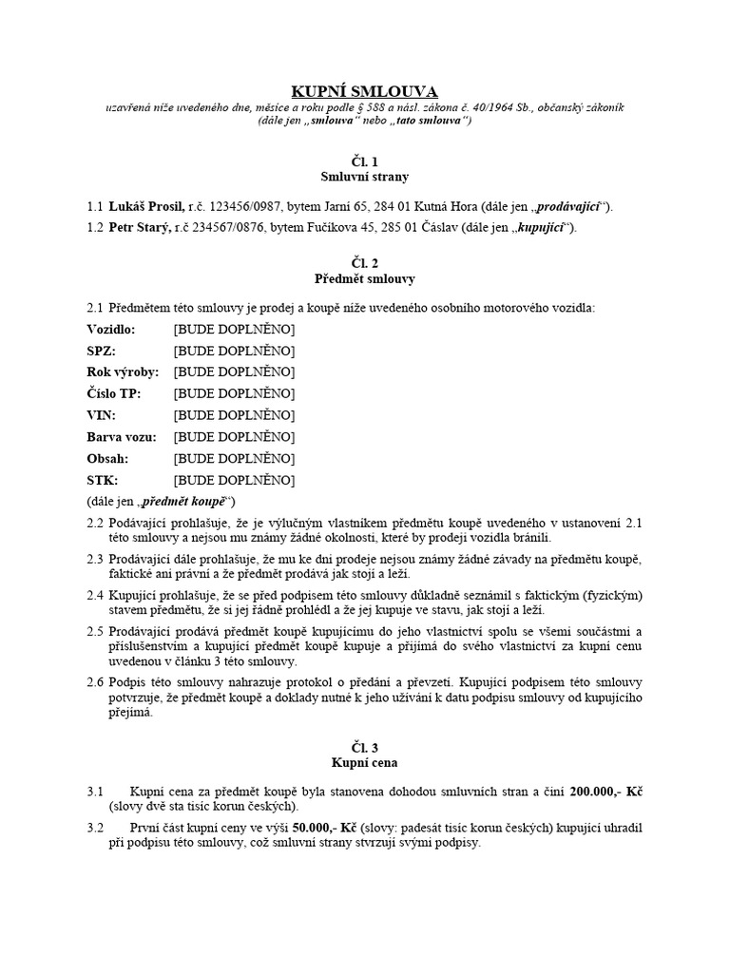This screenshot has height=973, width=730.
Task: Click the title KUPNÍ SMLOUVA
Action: coord(365,91)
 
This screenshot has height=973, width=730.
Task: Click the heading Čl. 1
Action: coord(365,162)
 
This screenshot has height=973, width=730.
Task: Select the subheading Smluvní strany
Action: coord(365,177)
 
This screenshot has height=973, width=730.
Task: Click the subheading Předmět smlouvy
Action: coord(365,279)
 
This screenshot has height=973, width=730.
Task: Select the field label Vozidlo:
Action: coord(111,329)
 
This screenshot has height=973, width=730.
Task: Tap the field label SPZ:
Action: coord(101,351)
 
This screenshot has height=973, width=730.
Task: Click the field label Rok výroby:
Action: coord(123,372)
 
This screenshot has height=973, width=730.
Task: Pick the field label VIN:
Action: coord(101,415)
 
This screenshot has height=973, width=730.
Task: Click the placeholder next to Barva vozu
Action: coord(234,437)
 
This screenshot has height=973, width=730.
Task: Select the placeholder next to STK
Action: coord(234,480)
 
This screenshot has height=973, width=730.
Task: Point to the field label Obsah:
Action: coord(107,458)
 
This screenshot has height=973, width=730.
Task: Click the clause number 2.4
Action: coord(94,595)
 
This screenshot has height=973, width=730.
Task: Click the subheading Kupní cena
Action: coord(365,762)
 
